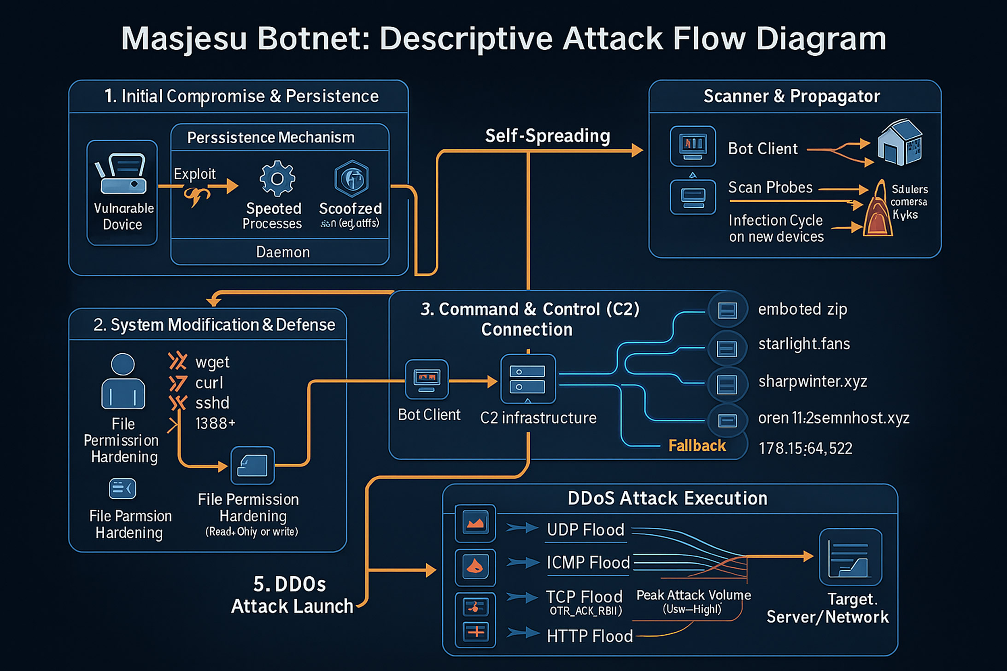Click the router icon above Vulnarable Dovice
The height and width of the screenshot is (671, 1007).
pyautogui.click(x=122, y=174)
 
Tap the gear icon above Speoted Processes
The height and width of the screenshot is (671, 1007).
pyautogui.click(x=277, y=178)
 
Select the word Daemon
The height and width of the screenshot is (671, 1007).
pyautogui.click(x=283, y=252)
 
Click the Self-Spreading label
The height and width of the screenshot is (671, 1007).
pyautogui.click(x=547, y=136)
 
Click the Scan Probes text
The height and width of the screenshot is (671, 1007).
pyautogui.click(x=770, y=187)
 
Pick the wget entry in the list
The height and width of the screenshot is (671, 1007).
pyautogui.click(x=212, y=362)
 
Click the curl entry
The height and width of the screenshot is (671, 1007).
pyautogui.click(x=209, y=383)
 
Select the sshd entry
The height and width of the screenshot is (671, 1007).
pyautogui.click(x=212, y=403)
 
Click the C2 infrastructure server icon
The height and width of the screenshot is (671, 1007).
pyautogui.click(x=528, y=379)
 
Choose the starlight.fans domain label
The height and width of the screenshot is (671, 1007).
pyautogui.click(x=804, y=344)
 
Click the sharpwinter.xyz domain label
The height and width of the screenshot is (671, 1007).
pyautogui.click(x=813, y=381)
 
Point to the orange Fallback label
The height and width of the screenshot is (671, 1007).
pyautogui.click(x=697, y=446)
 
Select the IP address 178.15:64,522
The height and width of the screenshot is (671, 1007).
pyautogui.click(x=805, y=448)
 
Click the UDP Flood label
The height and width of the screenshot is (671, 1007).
pyautogui.click(x=585, y=530)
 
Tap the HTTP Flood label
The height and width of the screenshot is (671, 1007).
pyautogui.click(x=590, y=636)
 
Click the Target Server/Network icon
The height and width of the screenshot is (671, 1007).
pyautogui.click(x=850, y=557)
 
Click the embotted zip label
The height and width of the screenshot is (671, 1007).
pyautogui.click(x=802, y=309)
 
